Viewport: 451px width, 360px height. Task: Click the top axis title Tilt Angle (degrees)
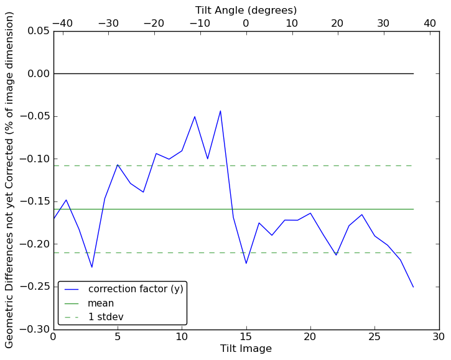coord(246,10)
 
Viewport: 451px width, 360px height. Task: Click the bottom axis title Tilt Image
coord(246,349)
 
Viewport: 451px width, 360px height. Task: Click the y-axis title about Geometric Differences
coord(10,180)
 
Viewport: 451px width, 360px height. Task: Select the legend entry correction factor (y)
coord(135,289)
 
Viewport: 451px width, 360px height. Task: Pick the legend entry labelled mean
coord(100,303)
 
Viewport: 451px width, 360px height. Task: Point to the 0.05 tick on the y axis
coord(37,31)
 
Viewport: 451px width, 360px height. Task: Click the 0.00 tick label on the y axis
coord(37,73)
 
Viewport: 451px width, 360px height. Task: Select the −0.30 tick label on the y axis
coord(35,329)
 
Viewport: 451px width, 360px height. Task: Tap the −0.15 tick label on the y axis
coord(35,201)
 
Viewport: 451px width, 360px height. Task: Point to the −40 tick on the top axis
coord(62,23)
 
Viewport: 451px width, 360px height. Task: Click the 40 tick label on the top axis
coord(430,23)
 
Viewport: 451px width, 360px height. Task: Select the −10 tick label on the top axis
coord(200,23)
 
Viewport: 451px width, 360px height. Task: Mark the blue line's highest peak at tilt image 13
coord(220,111)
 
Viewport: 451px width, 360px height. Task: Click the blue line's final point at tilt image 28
coord(413,287)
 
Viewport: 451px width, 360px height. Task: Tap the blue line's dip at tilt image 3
coord(92,267)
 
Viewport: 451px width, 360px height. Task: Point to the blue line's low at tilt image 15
coord(246,264)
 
